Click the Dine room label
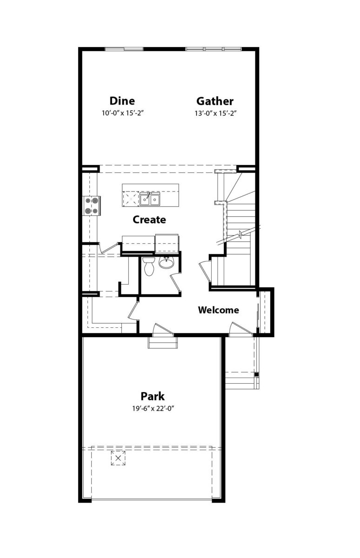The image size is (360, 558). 122,101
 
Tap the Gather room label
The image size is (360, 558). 215,101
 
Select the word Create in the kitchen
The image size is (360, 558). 149,219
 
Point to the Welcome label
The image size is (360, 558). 219,310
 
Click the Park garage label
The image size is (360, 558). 153,396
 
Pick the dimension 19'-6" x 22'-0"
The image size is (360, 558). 153,409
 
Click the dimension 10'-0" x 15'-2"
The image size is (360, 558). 123,113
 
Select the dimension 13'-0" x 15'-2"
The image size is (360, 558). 215,113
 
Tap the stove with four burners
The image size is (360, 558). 92,206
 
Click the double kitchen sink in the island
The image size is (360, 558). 150,199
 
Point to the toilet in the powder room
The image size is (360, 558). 149,266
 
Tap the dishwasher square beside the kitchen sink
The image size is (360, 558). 131,199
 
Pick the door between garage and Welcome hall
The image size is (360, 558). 163,329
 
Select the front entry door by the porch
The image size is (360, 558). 241,328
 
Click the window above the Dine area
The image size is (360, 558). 124,49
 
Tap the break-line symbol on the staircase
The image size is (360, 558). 240,234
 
